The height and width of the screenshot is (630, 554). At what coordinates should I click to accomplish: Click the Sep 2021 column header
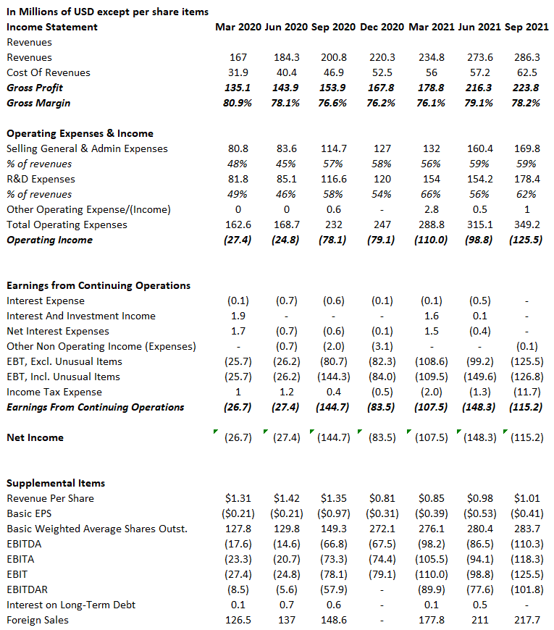(x=526, y=27)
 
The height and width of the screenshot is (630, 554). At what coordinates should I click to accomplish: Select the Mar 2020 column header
(x=238, y=27)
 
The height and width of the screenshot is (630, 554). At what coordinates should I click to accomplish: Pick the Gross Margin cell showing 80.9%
(x=238, y=103)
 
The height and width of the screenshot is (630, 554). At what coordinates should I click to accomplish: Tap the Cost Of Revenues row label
(x=49, y=72)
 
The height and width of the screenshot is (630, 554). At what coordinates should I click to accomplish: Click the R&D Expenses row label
(x=41, y=179)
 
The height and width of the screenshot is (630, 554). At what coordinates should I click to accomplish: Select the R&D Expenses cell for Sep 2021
(x=526, y=179)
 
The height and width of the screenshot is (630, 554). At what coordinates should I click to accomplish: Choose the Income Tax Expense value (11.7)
(x=526, y=392)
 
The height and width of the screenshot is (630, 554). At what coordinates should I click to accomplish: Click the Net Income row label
(x=35, y=437)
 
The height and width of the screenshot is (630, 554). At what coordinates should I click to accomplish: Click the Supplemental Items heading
(x=56, y=483)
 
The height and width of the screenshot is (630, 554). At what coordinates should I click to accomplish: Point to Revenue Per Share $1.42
(x=286, y=498)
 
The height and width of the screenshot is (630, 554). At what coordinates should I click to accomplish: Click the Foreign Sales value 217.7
(x=526, y=620)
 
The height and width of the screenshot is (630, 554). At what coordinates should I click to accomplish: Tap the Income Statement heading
(x=51, y=27)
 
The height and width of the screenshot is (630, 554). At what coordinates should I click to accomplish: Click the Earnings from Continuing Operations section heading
(x=98, y=285)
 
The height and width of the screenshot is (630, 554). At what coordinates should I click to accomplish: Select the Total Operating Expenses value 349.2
(x=526, y=224)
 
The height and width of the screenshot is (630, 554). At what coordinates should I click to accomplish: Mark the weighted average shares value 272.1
(x=382, y=529)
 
